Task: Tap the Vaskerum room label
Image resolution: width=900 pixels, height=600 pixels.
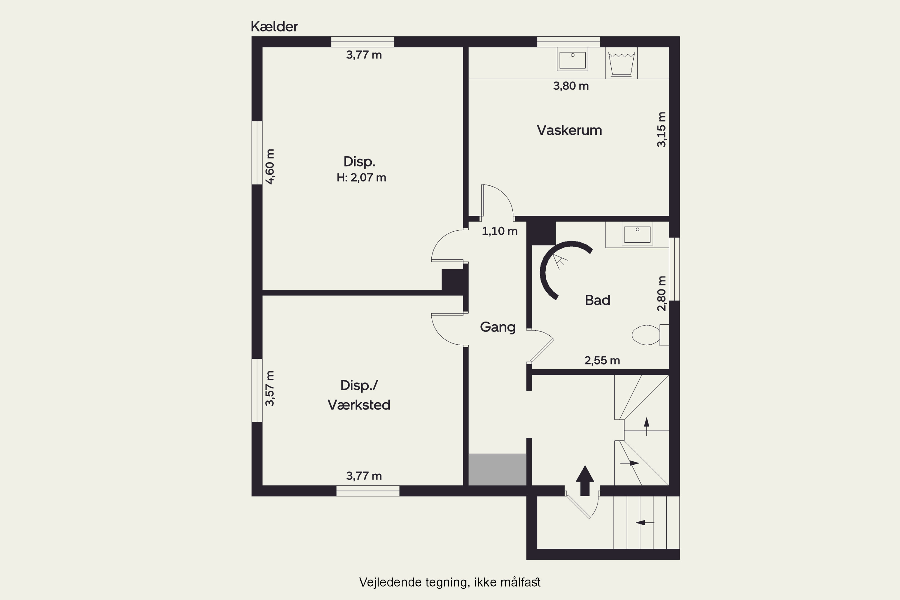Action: [569, 130]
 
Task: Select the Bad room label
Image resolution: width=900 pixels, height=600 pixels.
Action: [597, 300]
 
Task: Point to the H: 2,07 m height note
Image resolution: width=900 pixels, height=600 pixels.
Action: [361, 178]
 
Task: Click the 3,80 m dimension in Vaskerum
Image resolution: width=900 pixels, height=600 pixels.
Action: [571, 86]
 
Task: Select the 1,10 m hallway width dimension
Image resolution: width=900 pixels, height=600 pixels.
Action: [499, 231]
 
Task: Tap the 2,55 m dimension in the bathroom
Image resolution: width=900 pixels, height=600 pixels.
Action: [602, 360]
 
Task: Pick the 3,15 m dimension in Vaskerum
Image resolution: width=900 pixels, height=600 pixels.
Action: [661, 129]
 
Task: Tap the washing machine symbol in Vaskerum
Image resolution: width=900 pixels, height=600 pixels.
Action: [621, 63]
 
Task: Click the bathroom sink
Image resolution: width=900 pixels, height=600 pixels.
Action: [637, 235]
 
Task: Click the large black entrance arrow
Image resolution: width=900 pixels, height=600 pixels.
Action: [585, 480]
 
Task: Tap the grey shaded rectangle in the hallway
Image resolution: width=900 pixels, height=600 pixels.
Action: [497, 469]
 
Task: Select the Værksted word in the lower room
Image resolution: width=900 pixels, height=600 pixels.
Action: [359, 405]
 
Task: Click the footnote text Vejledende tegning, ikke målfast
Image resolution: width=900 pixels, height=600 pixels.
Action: [450, 582]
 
